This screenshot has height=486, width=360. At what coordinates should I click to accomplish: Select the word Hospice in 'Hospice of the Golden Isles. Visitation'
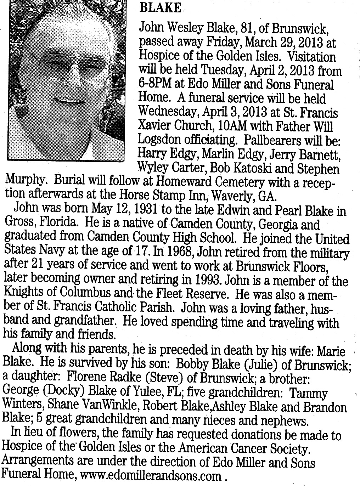click(x=156, y=57)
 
